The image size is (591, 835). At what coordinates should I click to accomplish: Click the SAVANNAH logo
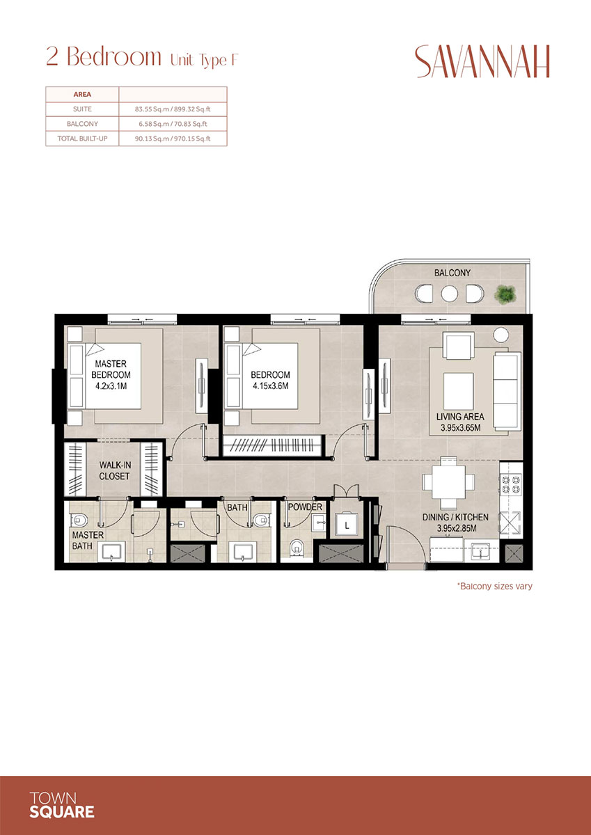point(482,61)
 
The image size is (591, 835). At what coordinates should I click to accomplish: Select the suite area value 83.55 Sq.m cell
point(173,109)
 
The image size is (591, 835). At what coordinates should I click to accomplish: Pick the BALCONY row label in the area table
point(82,124)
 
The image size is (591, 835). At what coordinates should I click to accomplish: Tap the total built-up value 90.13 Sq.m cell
point(173,138)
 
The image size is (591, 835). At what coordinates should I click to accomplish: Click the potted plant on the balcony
point(505,294)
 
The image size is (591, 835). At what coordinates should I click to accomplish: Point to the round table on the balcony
point(449,294)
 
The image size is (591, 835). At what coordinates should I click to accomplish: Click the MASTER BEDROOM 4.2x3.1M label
point(111,374)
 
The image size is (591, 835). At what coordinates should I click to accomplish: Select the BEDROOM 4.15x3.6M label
point(270,380)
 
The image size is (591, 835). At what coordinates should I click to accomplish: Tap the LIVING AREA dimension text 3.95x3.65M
point(461,427)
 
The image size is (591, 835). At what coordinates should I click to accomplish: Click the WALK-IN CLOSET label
point(114,470)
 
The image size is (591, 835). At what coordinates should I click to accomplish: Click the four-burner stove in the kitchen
point(511,484)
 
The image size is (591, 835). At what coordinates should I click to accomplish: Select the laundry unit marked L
point(347,525)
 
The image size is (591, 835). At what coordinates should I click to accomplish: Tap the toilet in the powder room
point(297,547)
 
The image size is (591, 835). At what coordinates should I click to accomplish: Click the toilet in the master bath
point(79,520)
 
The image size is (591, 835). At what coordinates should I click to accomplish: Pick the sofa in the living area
point(507,390)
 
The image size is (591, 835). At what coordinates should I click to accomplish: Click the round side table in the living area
point(501,335)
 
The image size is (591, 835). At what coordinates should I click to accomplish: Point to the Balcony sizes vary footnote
point(494,587)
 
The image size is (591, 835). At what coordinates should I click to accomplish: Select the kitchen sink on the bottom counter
point(481,550)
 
